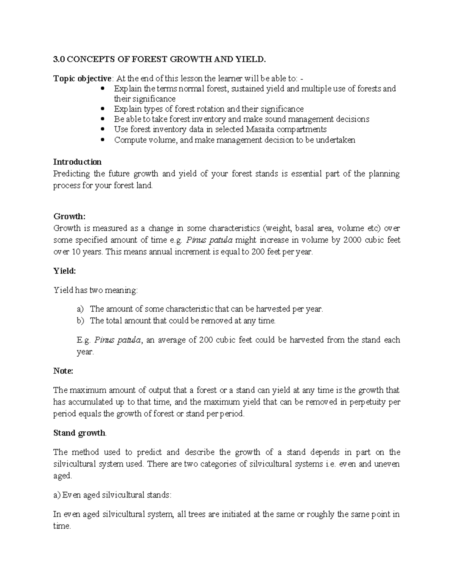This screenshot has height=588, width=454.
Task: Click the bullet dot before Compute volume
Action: (x=104, y=140)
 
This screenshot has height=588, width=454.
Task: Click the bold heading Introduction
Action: (x=77, y=162)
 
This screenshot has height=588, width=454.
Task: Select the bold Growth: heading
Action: (x=70, y=217)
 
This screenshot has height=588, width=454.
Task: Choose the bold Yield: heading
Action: (x=65, y=271)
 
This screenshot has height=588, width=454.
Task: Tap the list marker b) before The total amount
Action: (x=80, y=321)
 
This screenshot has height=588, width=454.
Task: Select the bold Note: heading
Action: (x=63, y=371)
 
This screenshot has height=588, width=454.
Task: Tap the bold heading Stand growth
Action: (x=79, y=433)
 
